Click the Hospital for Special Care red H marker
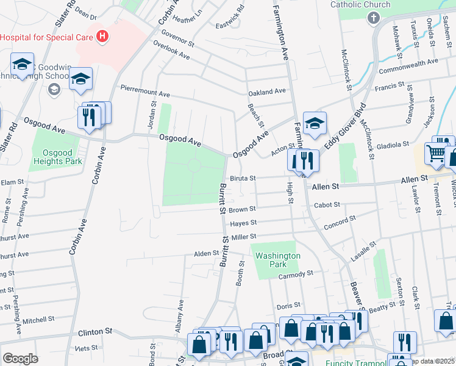[x=102, y=37]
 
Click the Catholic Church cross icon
[x=373, y=18]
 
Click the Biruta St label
[x=242, y=179]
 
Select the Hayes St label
[x=243, y=223]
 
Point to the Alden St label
[x=206, y=253]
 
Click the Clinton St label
[x=96, y=331]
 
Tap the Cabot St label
[x=326, y=205]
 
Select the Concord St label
[x=340, y=222]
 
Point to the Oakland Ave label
[x=267, y=91]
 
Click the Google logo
[x=20, y=359]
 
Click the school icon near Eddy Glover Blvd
[x=315, y=124]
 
